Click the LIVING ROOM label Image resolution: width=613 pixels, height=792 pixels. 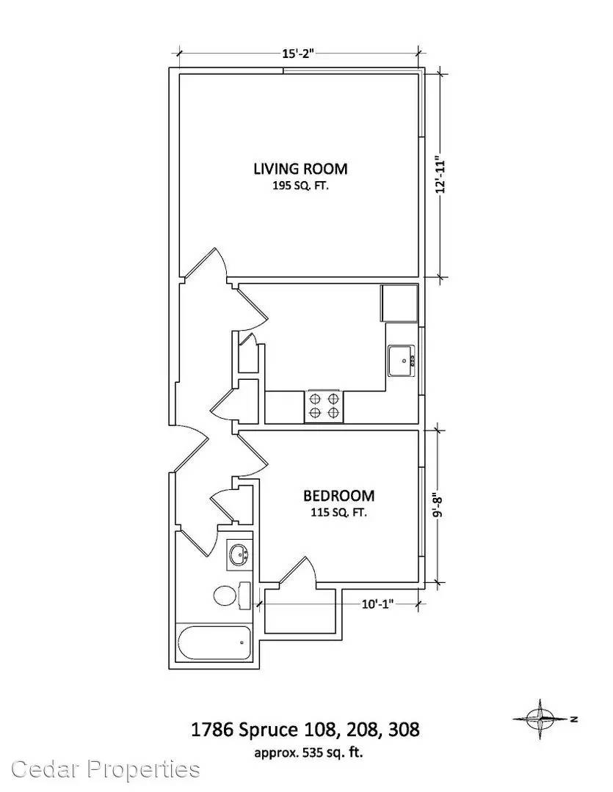coord(300,169)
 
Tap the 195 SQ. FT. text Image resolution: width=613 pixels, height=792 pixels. coord(300,186)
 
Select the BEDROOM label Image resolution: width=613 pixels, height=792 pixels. coord(339,496)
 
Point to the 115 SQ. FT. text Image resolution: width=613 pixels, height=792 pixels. coord(339,513)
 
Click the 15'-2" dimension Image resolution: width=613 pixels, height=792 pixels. coord(298,54)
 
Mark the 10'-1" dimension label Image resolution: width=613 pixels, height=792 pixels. coord(377,604)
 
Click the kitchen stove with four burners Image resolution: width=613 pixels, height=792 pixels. coord(324,406)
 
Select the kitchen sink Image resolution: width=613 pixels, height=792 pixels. coord(402,361)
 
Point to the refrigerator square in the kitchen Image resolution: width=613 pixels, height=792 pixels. coord(399,303)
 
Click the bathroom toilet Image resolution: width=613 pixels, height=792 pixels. coord(232,595)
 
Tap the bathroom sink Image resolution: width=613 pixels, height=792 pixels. coord(239,555)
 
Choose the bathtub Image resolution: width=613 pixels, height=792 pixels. coord(214,643)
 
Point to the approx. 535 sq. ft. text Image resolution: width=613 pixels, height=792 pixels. coord(308,753)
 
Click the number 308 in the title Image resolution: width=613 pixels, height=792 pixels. coord(403,730)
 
